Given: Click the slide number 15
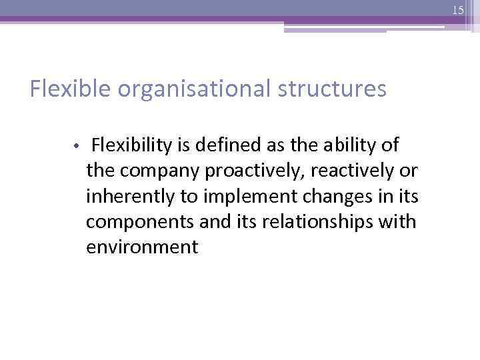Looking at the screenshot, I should (x=457, y=10).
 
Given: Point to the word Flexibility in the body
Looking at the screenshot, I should (x=133, y=144).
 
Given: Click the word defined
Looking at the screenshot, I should (x=221, y=144).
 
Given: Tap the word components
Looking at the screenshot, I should (x=136, y=222).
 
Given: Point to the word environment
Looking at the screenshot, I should (x=142, y=248).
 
